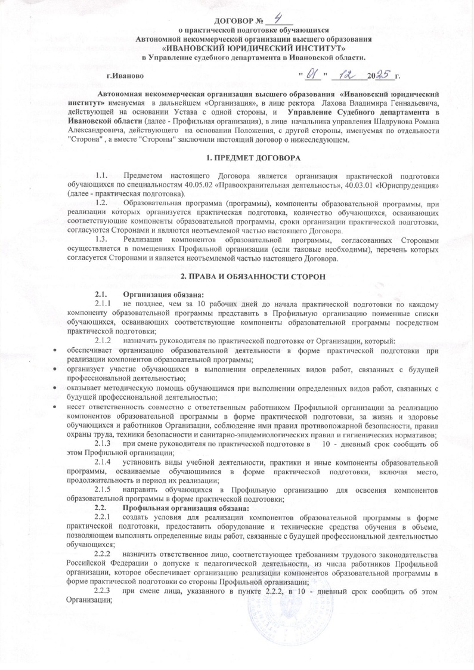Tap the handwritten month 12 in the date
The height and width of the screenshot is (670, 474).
(345, 75)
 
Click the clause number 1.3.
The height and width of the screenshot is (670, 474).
(101, 239)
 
